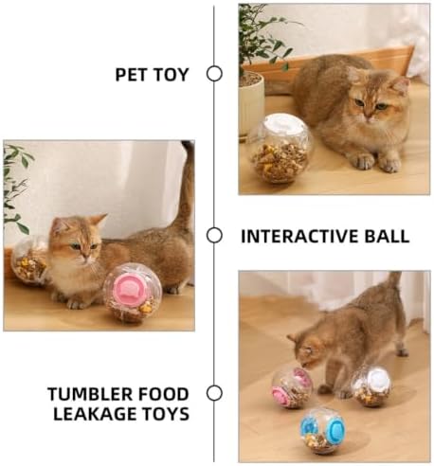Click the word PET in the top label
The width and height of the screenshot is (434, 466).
click(132, 75)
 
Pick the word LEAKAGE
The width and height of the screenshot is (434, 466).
click(95, 414)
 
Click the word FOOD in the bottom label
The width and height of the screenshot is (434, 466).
click(163, 394)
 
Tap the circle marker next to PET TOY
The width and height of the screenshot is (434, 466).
click(214, 74)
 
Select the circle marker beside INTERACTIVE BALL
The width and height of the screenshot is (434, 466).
click(214, 235)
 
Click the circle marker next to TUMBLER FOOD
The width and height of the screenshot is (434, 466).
click(214, 393)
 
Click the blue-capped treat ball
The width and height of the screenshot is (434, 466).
click(322, 430)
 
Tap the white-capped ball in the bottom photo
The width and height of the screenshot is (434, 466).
click(371, 386)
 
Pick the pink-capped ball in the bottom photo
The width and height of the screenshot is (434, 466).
click(292, 388)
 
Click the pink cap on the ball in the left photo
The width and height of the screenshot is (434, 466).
click(130, 286)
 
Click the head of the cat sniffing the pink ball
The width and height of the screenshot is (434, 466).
click(306, 350)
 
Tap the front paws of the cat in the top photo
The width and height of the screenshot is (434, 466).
click(377, 162)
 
